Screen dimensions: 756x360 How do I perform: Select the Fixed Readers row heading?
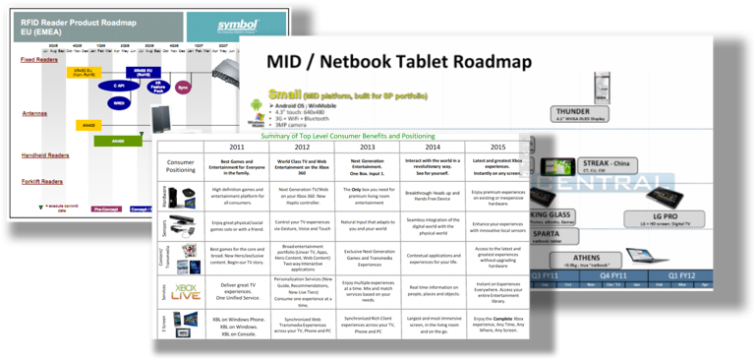pos(37,59)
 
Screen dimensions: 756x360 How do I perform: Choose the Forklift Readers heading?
pos(41,179)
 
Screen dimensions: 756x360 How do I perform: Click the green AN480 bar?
pos(119,142)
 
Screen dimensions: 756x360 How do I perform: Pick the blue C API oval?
pos(118,86)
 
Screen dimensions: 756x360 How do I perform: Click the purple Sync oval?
pos(183,87)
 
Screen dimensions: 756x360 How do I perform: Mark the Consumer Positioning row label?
pos(180,166)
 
